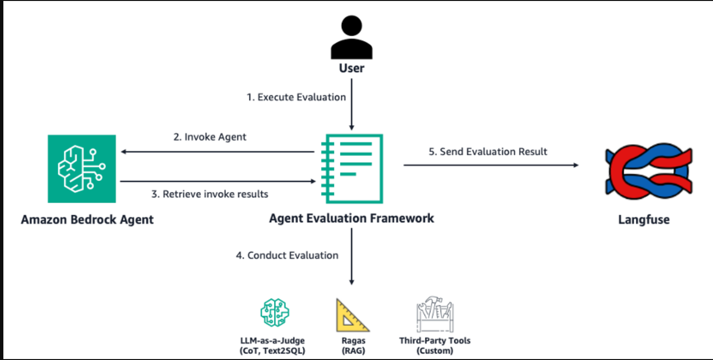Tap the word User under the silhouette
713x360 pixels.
[x=351, y=68]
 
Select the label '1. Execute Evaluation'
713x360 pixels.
[x=296, y=97]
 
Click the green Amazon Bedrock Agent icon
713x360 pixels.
[x=82, y=168]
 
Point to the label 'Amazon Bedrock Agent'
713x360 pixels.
[x=87, y=220]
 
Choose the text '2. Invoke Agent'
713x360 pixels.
[x=209, y=137]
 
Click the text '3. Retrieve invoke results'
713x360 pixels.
[x=209, y=194]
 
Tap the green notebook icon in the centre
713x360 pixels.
[x=352, y=168]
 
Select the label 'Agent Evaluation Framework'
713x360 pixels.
[x=351, y=218]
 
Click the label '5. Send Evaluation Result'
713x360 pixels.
[x=488, y=152]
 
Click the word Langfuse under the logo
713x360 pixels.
[x=644, y=220]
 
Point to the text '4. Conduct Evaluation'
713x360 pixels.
[x=287, y=255]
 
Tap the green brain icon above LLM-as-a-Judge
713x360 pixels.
[x=274, y=312]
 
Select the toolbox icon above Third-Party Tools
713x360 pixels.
[x=435, y=316]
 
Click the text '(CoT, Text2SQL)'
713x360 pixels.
[x=272, y=351]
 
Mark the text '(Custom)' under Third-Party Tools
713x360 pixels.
[x=434, y=351]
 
